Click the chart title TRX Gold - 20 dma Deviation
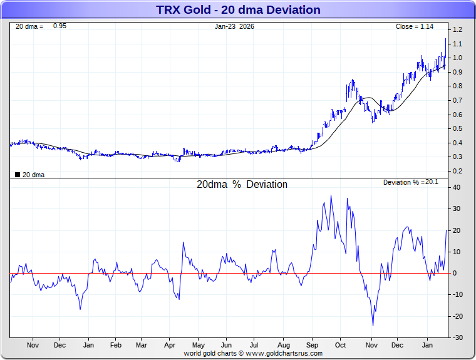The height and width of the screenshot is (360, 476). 237,10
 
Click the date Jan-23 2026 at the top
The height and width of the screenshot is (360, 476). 234,26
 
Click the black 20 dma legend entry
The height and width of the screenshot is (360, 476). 29,175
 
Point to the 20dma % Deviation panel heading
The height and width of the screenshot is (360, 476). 242,185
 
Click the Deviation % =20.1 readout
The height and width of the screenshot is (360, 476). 410,182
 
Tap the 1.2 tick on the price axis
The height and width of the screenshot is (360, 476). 458,29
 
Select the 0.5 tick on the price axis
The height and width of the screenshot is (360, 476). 458,128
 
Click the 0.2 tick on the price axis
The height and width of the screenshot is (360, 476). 458,171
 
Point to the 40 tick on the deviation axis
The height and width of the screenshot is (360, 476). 457,187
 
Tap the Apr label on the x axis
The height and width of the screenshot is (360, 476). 170,345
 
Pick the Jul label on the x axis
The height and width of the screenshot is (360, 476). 255,345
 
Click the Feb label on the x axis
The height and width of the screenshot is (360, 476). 116,345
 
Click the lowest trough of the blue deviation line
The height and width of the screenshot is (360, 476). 373,325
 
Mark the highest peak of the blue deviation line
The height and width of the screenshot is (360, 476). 331,195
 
